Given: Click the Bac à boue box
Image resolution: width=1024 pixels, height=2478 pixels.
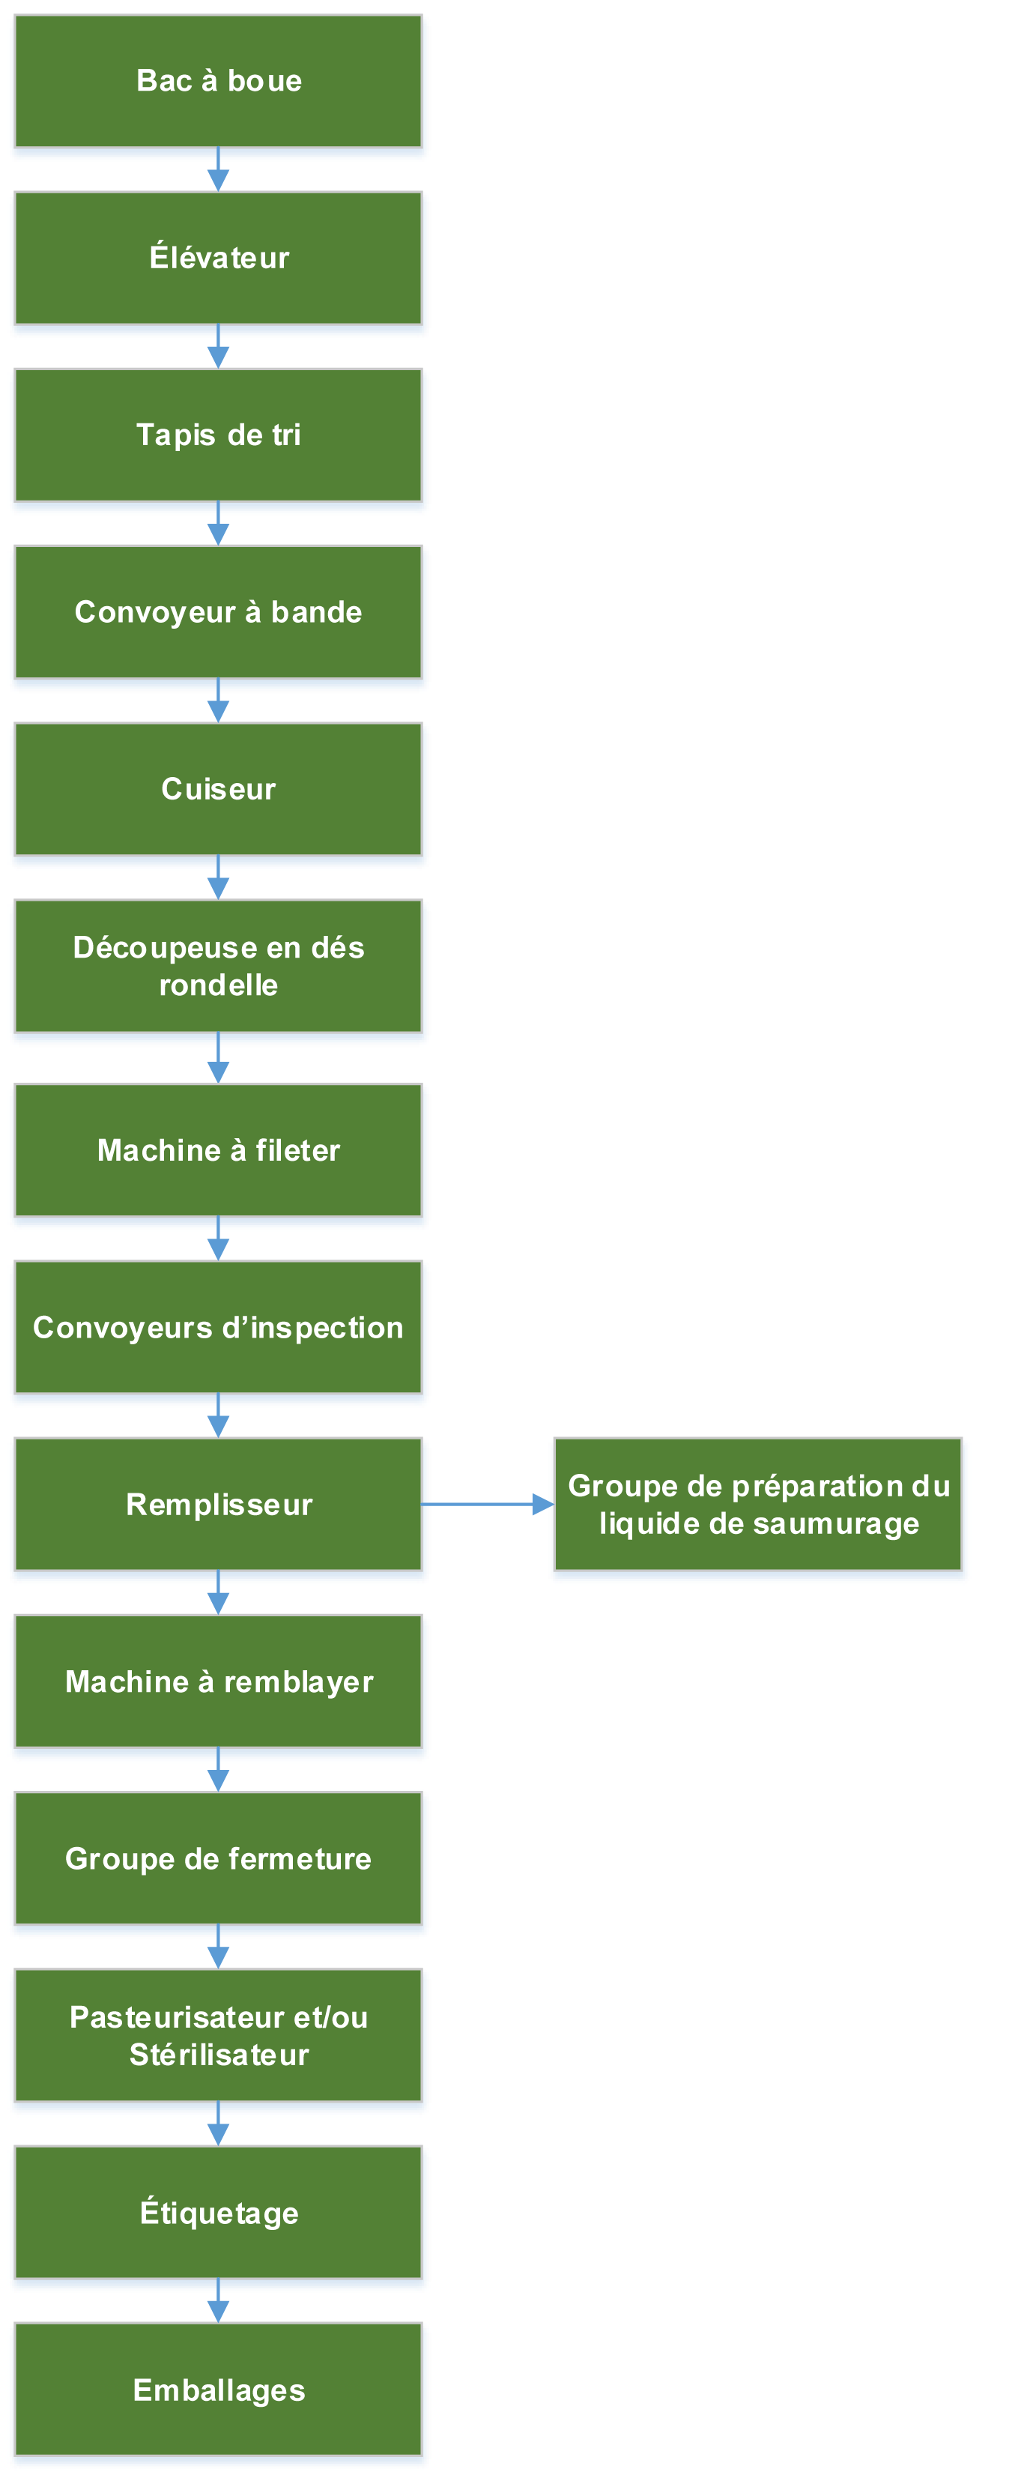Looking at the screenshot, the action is (218, 81).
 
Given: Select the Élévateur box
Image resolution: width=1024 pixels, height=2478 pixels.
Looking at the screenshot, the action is (218, 258).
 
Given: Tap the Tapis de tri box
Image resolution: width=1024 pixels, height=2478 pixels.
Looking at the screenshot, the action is (218, 435).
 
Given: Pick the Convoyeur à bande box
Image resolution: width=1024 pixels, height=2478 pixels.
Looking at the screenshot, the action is (218, 611).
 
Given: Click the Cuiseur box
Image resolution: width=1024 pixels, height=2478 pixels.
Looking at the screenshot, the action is (218, 789).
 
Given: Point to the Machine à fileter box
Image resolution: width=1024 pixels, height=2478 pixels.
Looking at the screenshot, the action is (218, 1150).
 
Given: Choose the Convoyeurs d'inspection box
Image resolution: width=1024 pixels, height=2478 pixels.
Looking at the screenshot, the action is (218, 1328).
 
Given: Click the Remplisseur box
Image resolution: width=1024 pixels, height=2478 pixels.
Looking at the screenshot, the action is (218, 1505).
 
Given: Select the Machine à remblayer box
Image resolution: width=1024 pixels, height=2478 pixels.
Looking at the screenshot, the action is (218, 1681).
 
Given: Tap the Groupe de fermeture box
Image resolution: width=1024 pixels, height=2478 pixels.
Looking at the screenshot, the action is (218, 1858).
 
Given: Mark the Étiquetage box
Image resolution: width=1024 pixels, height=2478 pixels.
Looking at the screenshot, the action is (218, 2213).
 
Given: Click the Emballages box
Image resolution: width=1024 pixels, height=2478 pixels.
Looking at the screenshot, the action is (218, 2390).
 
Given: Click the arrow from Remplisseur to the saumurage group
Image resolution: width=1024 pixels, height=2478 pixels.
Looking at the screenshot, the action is (488, 1504).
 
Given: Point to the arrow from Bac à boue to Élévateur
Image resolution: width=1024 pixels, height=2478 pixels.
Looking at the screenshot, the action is (218, 169).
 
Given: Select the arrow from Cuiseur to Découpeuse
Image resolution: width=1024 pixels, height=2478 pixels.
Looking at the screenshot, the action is (218, 877).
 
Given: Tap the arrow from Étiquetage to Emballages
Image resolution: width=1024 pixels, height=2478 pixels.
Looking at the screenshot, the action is (218, 2301).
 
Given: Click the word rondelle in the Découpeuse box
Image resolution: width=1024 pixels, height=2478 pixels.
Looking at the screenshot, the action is (218, 985).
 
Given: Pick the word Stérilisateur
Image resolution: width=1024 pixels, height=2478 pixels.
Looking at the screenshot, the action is (219, 2055).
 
